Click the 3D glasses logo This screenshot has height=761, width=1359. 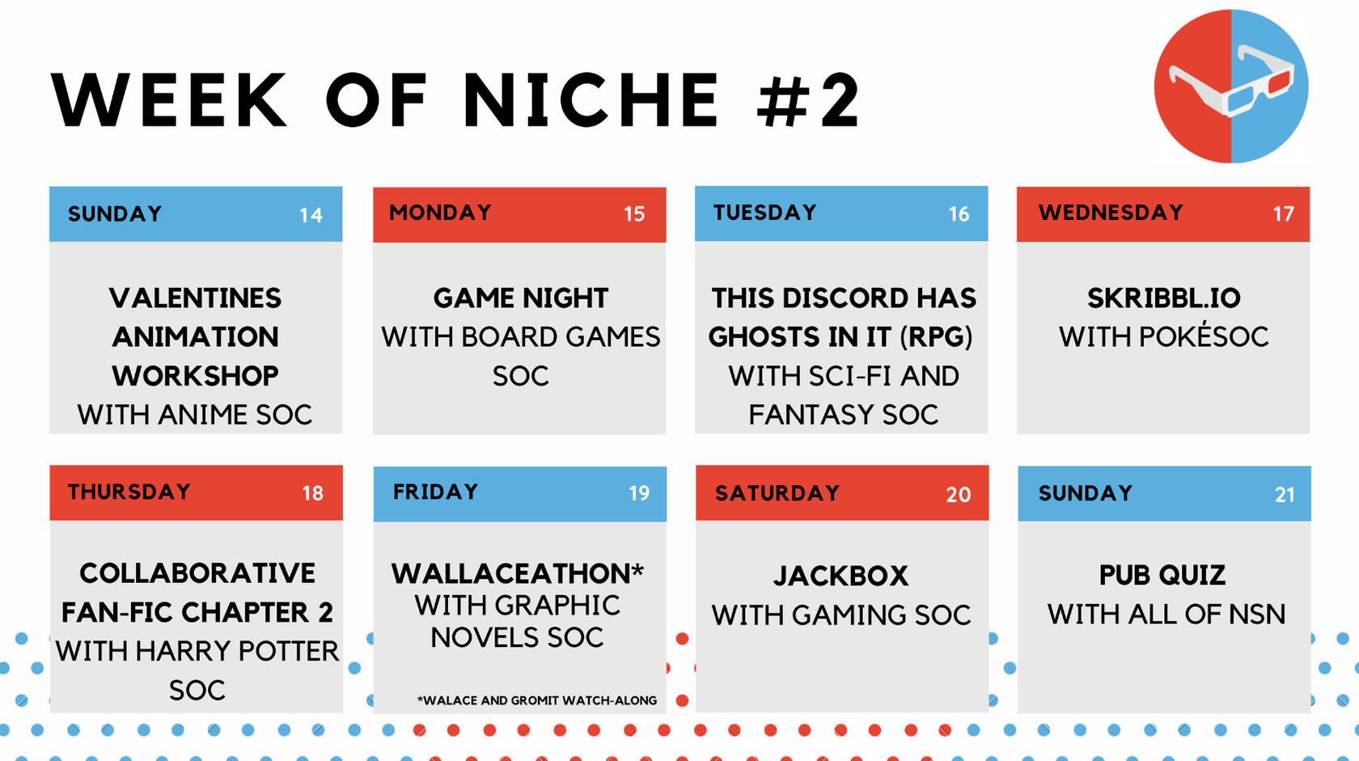pyautogui.click(x=1231, y=86)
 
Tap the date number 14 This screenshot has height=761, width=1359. pyautogui.click(x=311, y=215)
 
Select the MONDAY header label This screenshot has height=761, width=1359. pyautogui.click(x=440, y=213)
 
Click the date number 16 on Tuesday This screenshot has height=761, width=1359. pyautogui.click(x=959, y=214)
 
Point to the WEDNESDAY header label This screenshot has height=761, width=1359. pyautogui.click(x=1111, y=213)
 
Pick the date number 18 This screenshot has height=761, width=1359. pyautogui.click(x=312, y=493)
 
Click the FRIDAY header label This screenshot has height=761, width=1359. pyautogui.click(x=435, y=492)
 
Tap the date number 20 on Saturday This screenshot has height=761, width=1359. pyautogui.click(x=959, y=495)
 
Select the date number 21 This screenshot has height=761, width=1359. pyautogui.click(x=1285, y=495)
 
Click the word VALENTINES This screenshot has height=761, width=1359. pyautogui.click(x=196, y=298)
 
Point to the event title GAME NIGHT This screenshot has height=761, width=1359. pyautogui.click(x=521, y=298)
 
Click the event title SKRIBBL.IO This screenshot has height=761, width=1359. pyautogui.click(x=1163, y=298)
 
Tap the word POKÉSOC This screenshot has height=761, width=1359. pyautogui.click(x=1204, y=336)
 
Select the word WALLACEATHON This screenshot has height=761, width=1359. pyautogui.click(x=511, y=573)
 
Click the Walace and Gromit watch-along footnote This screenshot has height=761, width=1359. pyautogui.click(x=537, y=700)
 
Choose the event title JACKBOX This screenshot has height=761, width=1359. pyautogui.click(x=841, y=576)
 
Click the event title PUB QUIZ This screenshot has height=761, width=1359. pyautogui.click(x=1162, y=575)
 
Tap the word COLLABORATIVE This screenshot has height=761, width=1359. pyautogui.click(x=197, y=573)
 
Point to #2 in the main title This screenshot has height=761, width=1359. pyautogui.click(x=808, y=99)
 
